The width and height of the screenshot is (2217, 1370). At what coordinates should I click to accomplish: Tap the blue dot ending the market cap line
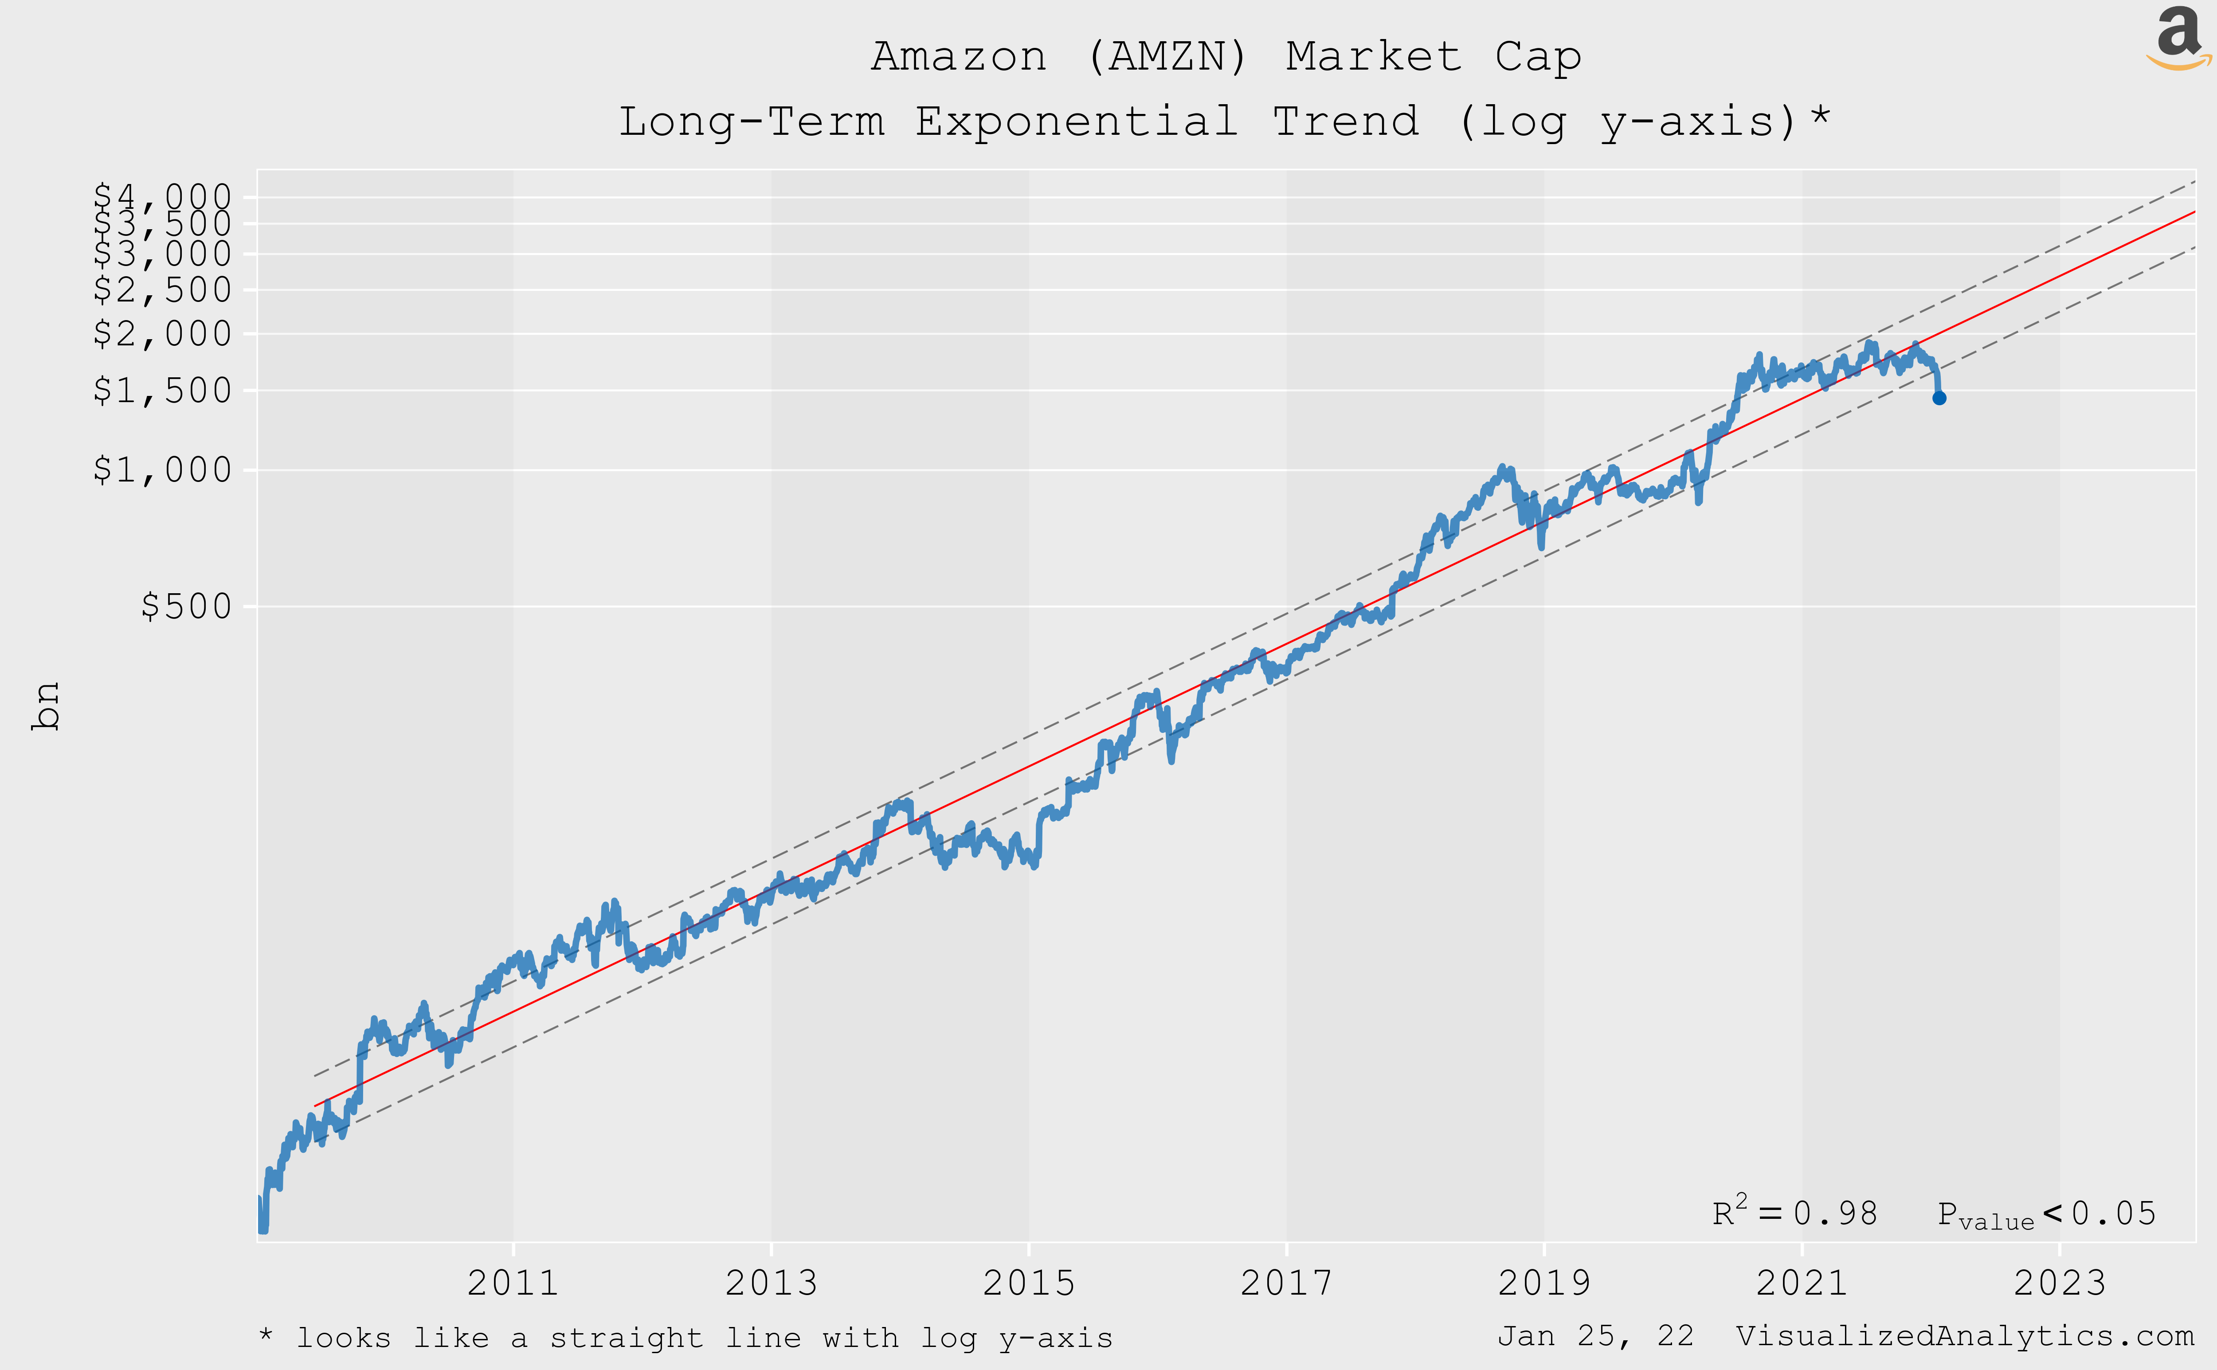coord(1939,398)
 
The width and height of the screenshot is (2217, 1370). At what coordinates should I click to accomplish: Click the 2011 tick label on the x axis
coord(513,1283)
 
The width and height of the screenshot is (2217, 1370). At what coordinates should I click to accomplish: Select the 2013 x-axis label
coord(771,1283)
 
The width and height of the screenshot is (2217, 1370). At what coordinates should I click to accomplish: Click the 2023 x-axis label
coord(2059,1283)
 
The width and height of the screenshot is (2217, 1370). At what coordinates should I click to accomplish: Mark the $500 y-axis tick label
coord(186,606)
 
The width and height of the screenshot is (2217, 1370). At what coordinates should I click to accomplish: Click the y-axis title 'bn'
coord(45,706)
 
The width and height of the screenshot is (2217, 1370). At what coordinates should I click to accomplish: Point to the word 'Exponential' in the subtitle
coord(1076,121)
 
